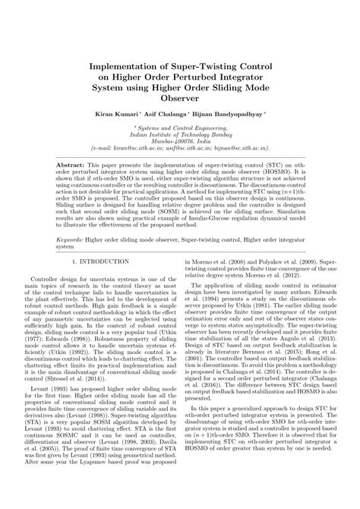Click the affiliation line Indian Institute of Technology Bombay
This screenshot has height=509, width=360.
pyautogui.click(x=180, y=133)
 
